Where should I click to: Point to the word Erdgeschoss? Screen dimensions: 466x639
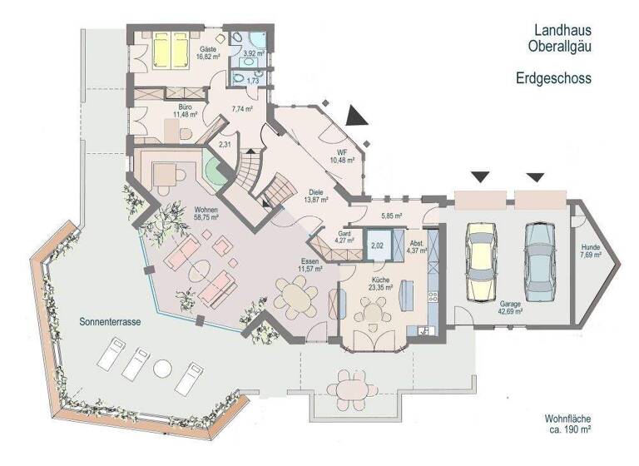(x=552, y=78)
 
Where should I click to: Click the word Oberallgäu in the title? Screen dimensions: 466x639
(x=562, y=47)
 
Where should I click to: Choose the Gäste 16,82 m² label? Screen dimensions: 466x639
(x=208, y=52)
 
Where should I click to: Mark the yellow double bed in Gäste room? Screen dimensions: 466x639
(x=171, y=52)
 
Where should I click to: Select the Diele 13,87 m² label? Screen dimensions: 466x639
(x=315, y=196)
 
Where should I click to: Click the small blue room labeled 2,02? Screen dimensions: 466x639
(x=377, y=245)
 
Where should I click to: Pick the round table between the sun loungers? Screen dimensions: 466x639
(x=161, y=367)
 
